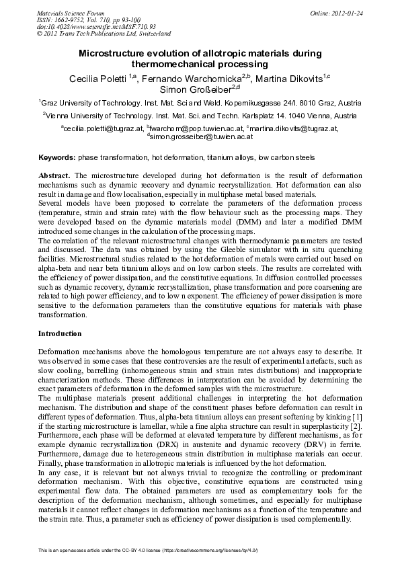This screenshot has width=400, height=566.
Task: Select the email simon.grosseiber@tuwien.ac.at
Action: (x=200, y=136)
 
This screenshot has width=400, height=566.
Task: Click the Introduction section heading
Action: (x=60, y=333)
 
